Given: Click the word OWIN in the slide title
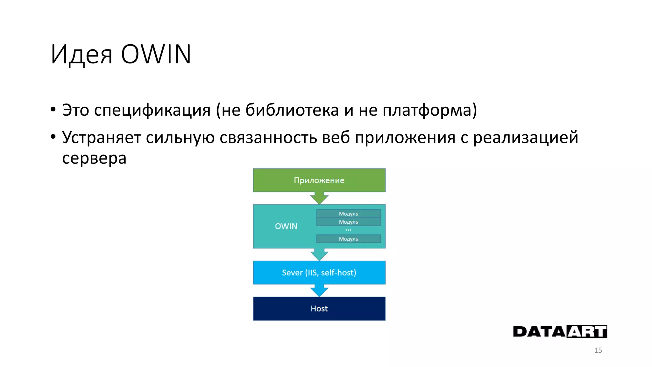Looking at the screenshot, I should (156, 54).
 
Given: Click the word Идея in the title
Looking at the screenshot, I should (81, 54).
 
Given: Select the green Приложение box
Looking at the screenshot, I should (319, 180).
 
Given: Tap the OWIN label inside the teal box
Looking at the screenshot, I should (286, 226).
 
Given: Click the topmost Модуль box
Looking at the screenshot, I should (348, 213).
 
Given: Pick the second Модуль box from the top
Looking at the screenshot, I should (348, 222).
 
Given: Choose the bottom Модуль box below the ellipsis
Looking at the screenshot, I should (348, 239).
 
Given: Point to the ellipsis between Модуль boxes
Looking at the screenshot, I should (348, 230).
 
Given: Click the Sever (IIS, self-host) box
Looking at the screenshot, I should (319, 272).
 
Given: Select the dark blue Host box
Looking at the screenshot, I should (319, 308).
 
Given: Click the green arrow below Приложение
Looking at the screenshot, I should (319, 198).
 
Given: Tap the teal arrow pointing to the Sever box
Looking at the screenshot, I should (319, 255).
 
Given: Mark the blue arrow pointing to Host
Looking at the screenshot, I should (319, 291).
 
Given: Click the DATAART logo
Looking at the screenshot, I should (560, 332).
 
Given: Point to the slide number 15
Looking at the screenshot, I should (598, 350).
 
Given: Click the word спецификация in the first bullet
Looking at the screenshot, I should (152, 110).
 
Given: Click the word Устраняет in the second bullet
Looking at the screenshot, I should (102, 138).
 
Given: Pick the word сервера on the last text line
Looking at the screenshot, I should (94, 158).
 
